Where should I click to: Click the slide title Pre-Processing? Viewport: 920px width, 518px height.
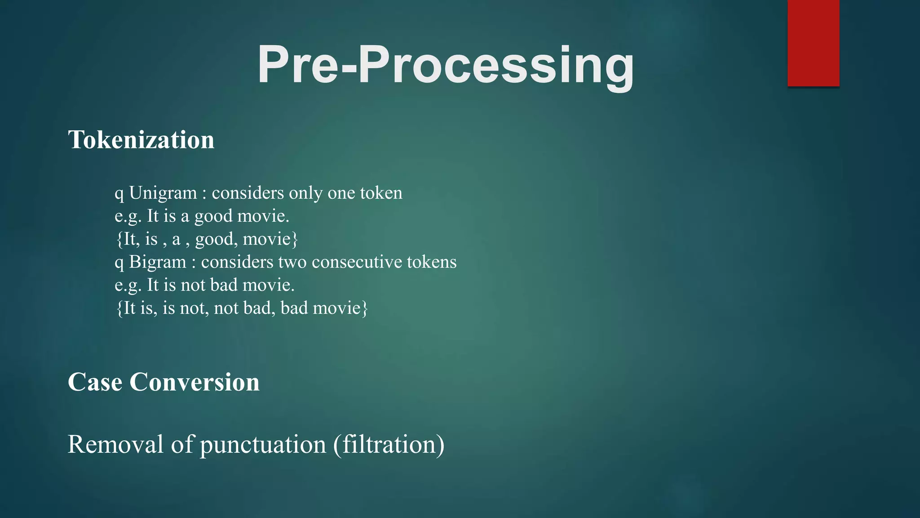[445, 65]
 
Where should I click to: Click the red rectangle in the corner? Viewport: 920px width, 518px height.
[813, 43]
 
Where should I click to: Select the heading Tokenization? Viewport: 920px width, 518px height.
[141, 139]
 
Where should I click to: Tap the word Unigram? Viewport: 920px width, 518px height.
[163, 193]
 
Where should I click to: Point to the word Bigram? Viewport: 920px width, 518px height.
[158, 262]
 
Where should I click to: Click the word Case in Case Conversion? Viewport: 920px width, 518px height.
[95, 382]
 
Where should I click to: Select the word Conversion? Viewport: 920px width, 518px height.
[195, 382]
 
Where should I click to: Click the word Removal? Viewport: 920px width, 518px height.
[115, 444]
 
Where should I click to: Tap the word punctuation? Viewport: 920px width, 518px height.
[263, 444]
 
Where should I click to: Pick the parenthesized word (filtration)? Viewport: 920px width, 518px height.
[389, 444]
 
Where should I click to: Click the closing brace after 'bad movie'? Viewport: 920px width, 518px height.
[365, 308]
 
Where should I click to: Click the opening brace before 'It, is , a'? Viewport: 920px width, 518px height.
[119, 239]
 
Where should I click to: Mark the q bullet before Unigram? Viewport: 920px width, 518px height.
[119, 194]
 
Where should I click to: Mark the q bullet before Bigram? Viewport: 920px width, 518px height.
[119, 263]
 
